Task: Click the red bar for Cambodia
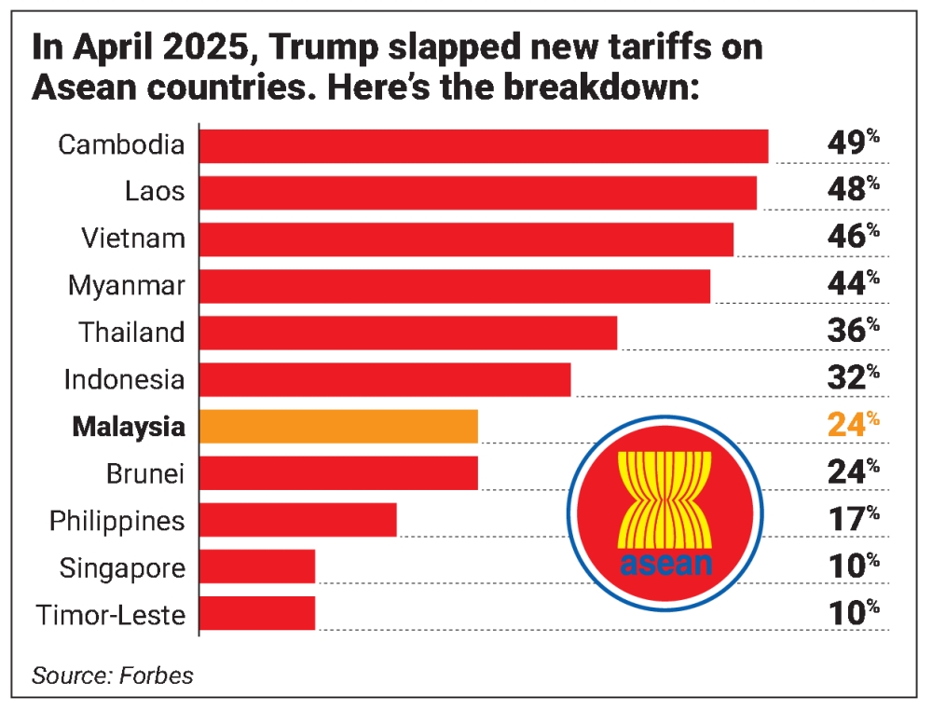click(x=484, y=146)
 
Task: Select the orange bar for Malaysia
click(x=338, y=427)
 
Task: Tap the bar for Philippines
click(x=298, y=520)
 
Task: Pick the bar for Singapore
click(x=257, y=567)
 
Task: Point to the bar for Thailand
click(x=408, y=333)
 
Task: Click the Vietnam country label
click(x=132, y=239)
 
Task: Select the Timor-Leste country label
click(x=111, y=615)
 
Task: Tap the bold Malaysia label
click(x=129, y=428)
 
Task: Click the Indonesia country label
click(x=125, y=380)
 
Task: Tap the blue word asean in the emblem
click(x=665, y=563)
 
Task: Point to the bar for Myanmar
click(x=455, y=286)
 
